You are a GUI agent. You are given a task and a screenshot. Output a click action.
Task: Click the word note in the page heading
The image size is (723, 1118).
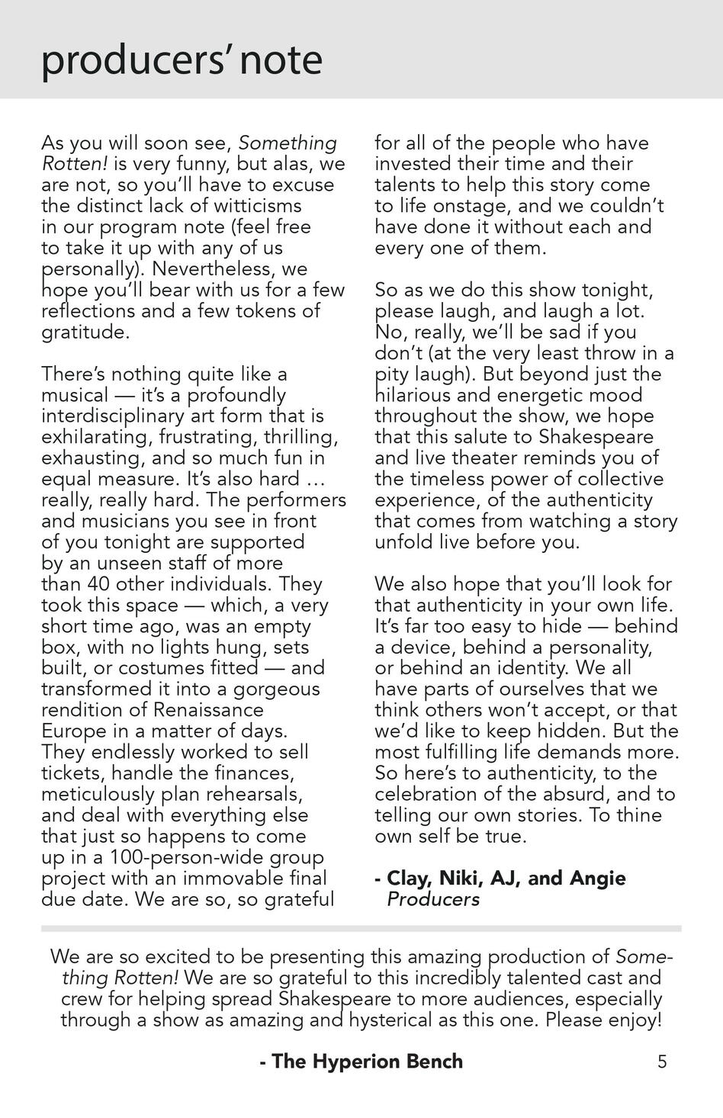coord(281,60)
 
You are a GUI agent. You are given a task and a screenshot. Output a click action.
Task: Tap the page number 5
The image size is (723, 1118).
coord(662,1061)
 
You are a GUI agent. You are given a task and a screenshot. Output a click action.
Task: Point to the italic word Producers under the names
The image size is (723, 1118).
coord(433,899)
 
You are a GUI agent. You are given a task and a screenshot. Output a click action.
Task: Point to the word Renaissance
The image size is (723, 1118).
coord(208,710)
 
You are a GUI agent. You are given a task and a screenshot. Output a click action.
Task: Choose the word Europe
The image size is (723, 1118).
coord(74,731)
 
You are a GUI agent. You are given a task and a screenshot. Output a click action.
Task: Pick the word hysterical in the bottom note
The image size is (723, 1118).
coord(400,1020)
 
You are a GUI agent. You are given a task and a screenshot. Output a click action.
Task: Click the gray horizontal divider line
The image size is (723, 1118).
coord(361,928)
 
